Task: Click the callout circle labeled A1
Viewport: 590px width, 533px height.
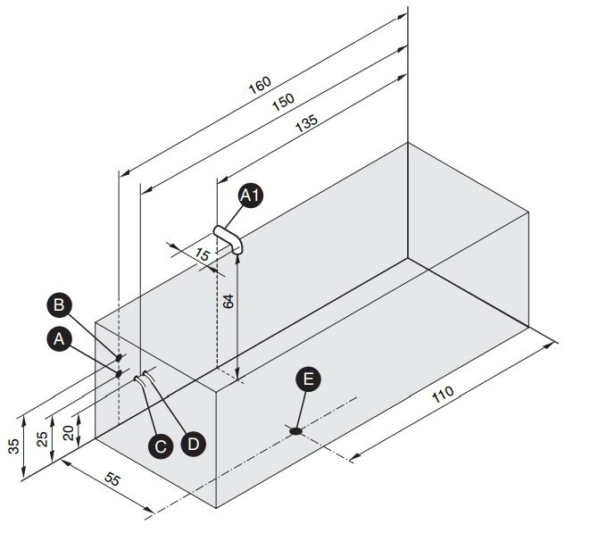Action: (x=251, y=196)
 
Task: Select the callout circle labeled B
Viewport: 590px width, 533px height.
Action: (x=59, y=304)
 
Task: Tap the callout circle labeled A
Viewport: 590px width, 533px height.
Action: (x=59, y=339)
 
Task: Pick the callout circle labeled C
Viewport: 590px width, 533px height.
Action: (x=161, y=446)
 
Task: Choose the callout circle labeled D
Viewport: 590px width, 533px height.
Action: (x=193, y=445)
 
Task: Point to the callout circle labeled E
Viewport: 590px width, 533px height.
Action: (x=308, y=379)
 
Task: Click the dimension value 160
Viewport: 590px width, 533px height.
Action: (x=260, y=86)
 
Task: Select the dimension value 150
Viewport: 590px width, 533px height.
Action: (x=283, y=102)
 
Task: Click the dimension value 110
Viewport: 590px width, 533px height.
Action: (x=443, y=394)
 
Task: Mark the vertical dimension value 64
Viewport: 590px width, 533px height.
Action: (x=228, y=302)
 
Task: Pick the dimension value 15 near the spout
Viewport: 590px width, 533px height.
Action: (x=202, y=254)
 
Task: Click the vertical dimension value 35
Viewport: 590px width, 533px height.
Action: (x=13, y=446)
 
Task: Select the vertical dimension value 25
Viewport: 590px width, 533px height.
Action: (x=42, y=438)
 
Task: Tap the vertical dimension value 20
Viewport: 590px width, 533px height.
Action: (x=69, y=433)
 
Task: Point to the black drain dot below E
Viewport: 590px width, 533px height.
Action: (x=296, y=431)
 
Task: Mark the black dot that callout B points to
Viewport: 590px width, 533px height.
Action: (x=119, y=357)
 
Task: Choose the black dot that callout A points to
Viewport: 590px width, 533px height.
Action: (x=119, y=374)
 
